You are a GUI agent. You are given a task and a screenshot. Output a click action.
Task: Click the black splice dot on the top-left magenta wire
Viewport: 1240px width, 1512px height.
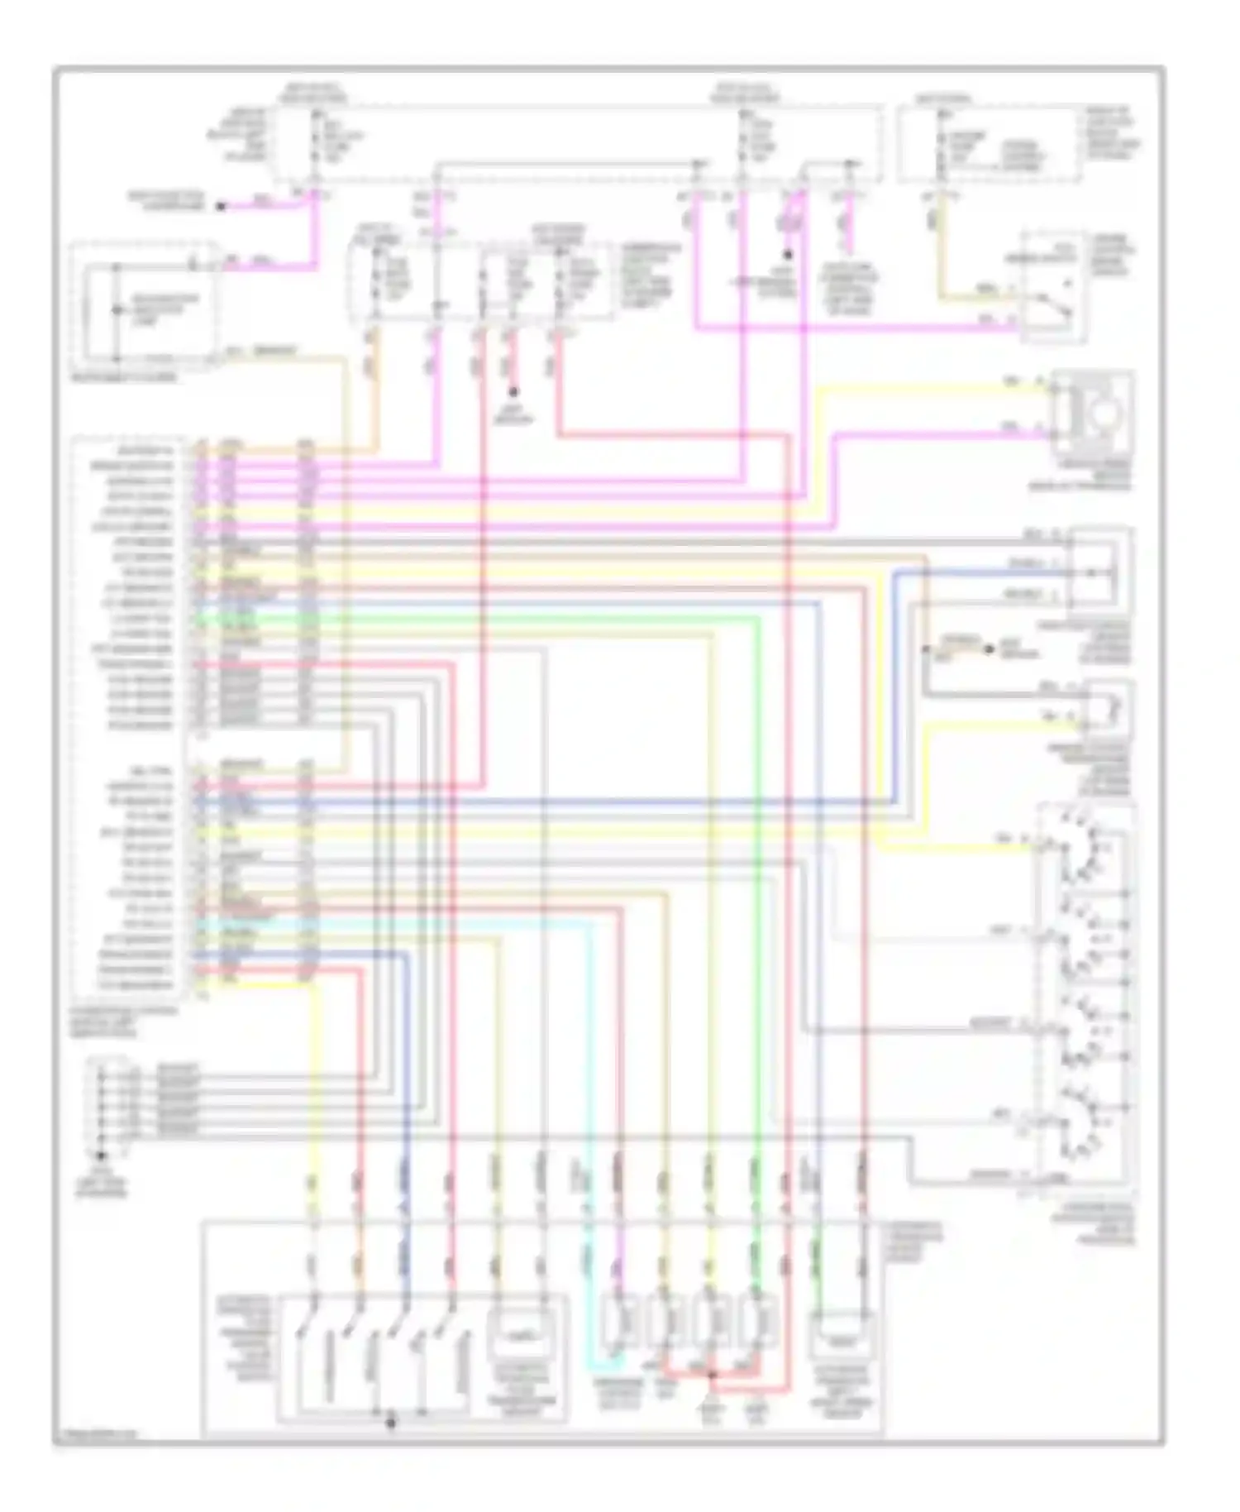point(221,207)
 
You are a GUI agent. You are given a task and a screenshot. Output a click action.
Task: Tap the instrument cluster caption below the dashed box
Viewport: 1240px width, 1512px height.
point(124,377)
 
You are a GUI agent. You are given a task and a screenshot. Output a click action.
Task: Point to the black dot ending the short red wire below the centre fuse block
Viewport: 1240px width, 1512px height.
point(513,392)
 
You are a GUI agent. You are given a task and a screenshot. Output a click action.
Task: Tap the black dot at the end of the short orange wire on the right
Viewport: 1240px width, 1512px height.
point(989,650)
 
